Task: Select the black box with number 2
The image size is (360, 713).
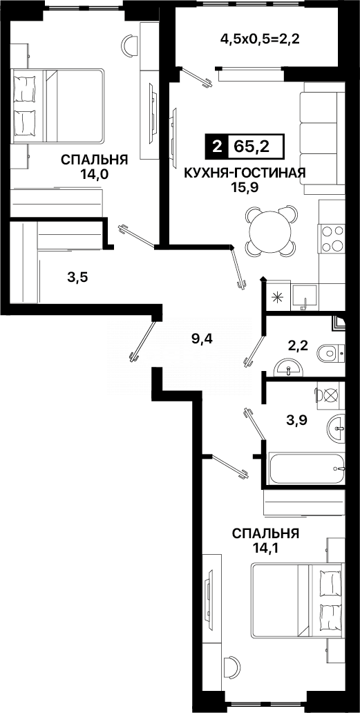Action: pos(218,147)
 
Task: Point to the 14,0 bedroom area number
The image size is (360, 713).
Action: pos(95,174)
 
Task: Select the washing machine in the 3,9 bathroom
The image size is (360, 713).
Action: pos(326,396)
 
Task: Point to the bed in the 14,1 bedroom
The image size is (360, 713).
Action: pos(296,600)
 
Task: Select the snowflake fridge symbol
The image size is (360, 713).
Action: pos(277,298)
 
